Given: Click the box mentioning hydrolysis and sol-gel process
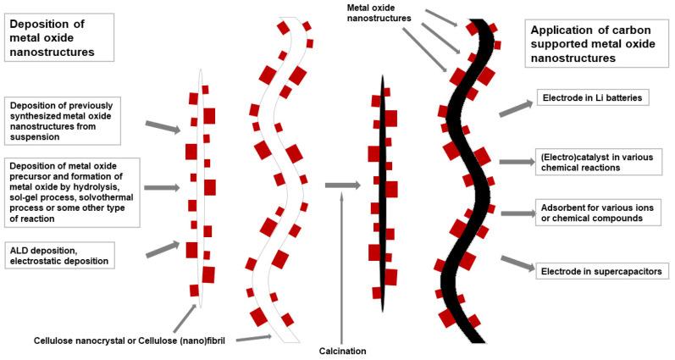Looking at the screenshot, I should click(x=72, y=190).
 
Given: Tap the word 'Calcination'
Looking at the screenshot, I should click(x=342, y=350).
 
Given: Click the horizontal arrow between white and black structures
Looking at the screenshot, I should click(x=341, y=184).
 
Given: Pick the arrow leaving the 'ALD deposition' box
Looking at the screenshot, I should click(x=163, y=248).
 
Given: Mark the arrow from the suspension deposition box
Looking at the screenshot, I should click(x=163, y=127).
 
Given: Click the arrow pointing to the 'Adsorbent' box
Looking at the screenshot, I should click(x=516, y=213).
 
